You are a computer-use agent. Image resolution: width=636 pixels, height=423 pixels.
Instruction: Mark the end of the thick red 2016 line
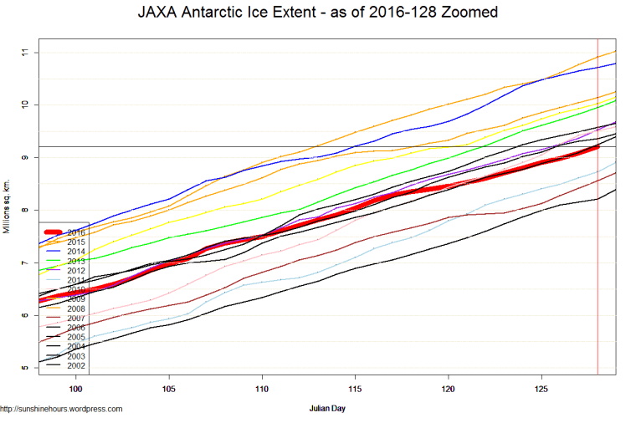coord(597,146)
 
